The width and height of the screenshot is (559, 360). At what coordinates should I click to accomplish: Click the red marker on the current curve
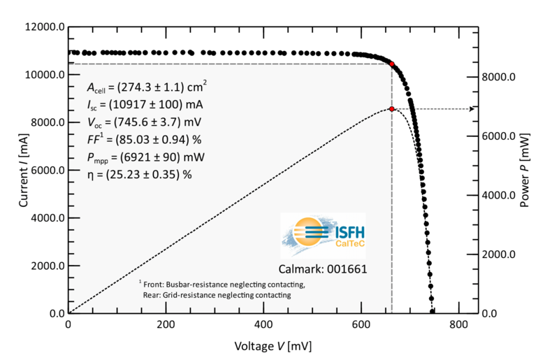pos(392,64)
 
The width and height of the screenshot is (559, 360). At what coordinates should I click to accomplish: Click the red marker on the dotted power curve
pos(392,109)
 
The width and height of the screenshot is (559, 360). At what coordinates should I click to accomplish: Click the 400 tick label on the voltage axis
pos(263,325)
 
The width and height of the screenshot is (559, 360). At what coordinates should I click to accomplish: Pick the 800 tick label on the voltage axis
pos(459,325)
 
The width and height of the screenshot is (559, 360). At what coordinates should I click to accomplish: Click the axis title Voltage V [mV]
pos(273,345)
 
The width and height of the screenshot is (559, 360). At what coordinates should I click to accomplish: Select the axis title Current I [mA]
pos(24,170)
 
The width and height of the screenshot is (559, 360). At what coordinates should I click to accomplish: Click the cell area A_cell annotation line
pos(146,87)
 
